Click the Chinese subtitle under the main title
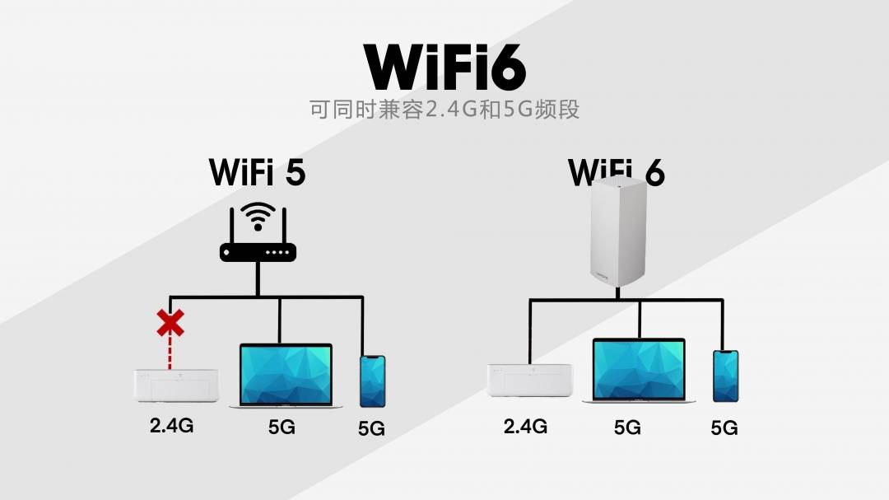(x=444, y=109)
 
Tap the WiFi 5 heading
(x=258, y=172)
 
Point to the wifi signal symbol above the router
(x=258, y=216)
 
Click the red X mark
(x=170, y=323)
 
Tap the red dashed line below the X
(x=170, y=353)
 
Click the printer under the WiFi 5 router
(x=176, y=386)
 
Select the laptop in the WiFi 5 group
(x=286, y=376)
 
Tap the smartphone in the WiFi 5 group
(x=373, y=381)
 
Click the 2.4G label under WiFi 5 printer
(x=172, y=425)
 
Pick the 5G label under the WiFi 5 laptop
(x=282, y=427)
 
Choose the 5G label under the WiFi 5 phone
(x=371, y=428)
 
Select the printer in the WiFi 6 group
(x=529, y=381)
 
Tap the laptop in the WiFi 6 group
(x=639, y=371)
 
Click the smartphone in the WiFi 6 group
(x=726, y=376)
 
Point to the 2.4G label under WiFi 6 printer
(x=525, y=426)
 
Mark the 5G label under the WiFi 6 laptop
(x=627, y=428)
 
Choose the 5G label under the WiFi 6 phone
(x=724, y=428)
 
